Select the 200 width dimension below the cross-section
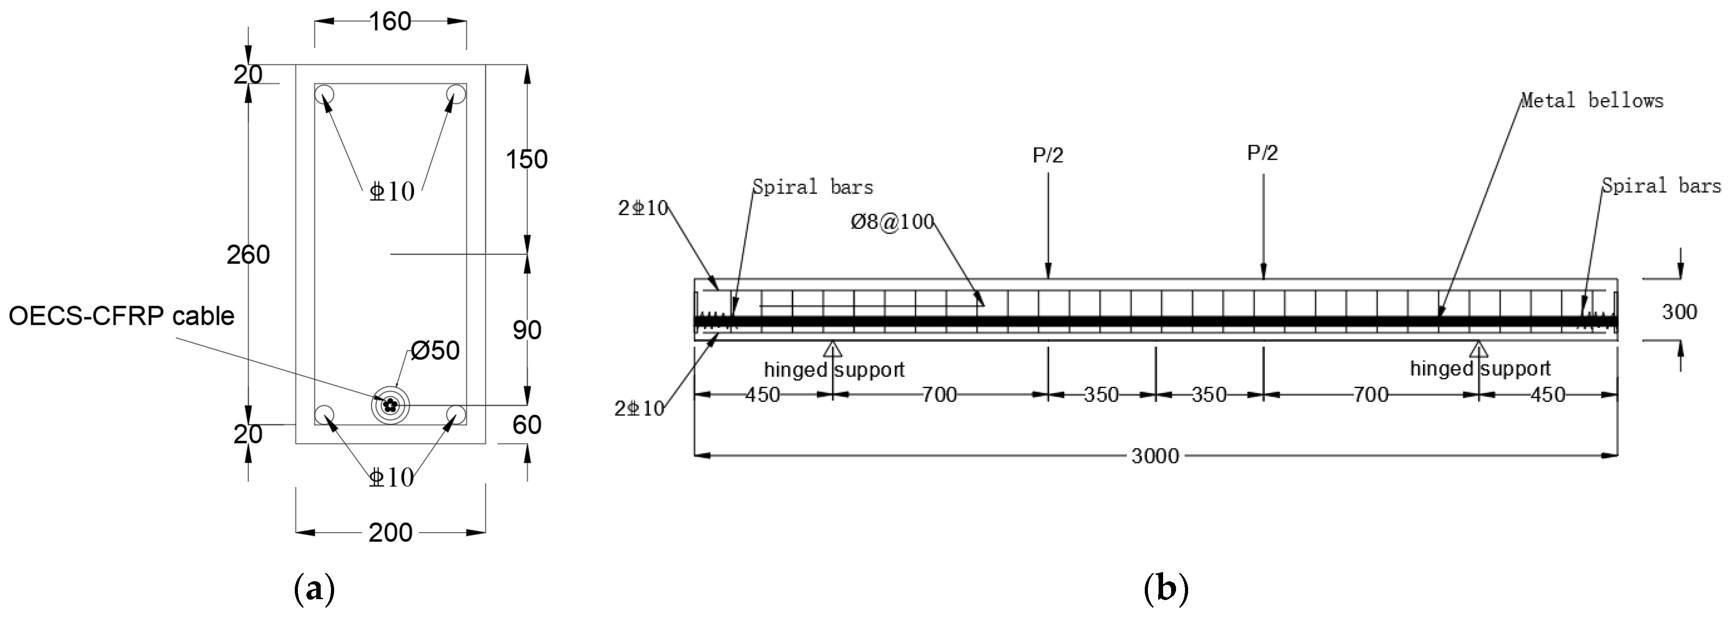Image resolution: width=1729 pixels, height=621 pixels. (390, 533)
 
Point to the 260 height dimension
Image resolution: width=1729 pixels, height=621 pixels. (248, 255)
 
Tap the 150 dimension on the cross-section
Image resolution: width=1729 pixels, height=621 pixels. (526, 160)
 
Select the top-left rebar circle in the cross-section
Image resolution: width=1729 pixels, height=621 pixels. (324, 93)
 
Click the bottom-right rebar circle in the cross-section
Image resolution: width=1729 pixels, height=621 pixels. (456, 414)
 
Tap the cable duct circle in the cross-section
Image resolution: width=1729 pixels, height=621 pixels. (390, 405)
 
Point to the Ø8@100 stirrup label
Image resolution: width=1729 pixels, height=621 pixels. (892, 222)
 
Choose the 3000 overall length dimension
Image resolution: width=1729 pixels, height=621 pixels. (1155, 456)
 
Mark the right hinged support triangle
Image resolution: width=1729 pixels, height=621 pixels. (1478, 348)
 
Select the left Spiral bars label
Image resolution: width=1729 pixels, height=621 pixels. (812, 187)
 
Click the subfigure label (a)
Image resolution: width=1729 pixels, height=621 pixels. (314, 589)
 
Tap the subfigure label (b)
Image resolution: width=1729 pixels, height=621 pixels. (1165, 589)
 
